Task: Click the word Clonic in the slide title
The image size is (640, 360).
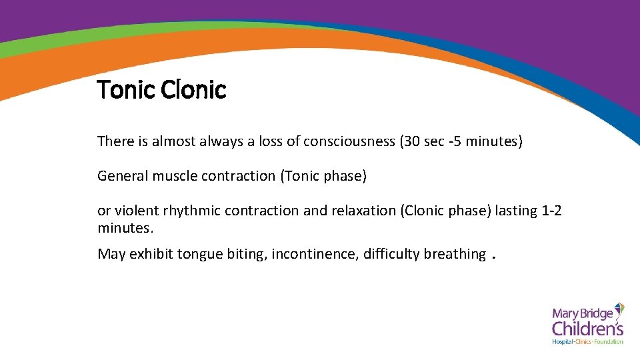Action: [193, 89]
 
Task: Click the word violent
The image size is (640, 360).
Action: [136, 211]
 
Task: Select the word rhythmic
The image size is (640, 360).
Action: [191, 211]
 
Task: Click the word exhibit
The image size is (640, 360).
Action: [151, 254]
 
